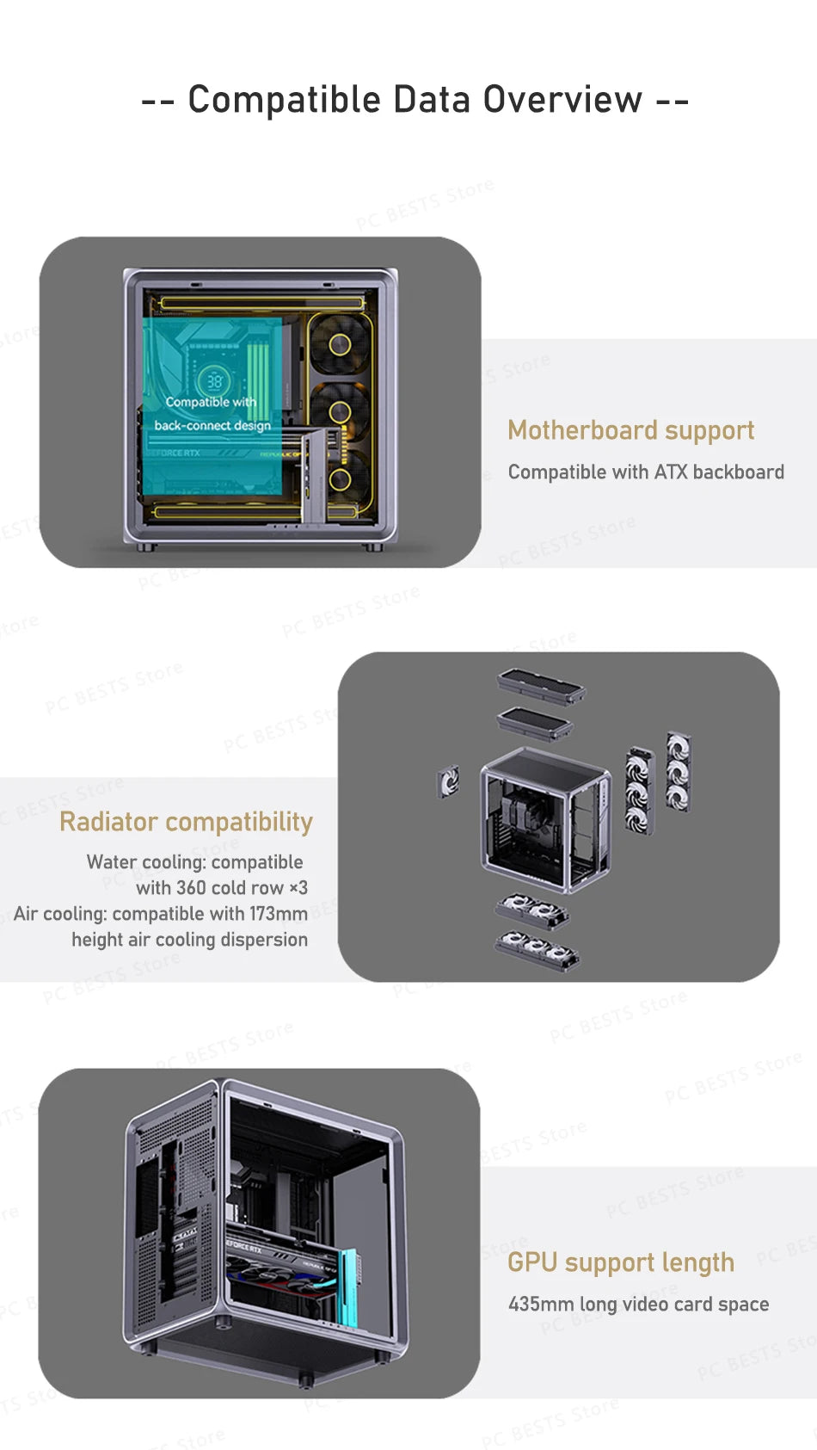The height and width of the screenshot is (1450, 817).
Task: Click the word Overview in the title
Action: coord(562,100)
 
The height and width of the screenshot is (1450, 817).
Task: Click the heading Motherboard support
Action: coord(630,429)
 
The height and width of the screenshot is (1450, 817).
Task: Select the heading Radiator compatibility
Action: coord(186,822)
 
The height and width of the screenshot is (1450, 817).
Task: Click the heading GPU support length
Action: coord(620,1262)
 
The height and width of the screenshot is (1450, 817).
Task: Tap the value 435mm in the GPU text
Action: coord(540,1304)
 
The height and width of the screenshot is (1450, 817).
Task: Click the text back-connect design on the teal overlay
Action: coord(212,425)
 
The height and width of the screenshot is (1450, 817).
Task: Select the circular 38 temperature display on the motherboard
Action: coord(213,381)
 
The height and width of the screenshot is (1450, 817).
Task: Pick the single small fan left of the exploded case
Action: coord(448,782)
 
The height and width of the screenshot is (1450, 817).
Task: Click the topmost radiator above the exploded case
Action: coord(540,686)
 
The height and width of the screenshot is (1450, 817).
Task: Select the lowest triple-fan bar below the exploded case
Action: coord(537,952)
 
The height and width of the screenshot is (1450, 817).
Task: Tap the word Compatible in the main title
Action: coord(284,100)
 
